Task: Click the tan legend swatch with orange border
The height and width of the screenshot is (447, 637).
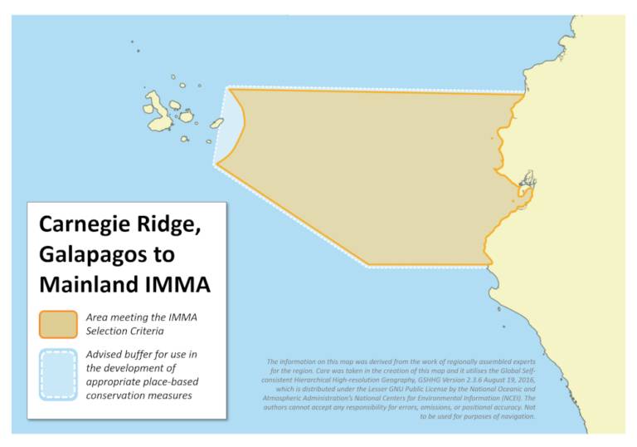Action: pos(57,324)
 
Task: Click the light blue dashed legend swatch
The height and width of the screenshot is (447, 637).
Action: pos(57,373)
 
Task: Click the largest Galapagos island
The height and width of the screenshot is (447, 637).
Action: pos(160,112)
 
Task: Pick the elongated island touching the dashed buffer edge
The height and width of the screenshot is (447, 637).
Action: pos(216,123)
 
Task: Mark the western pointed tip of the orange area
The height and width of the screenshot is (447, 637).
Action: pos(217,165)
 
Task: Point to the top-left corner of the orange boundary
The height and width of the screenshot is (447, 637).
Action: pos(231,89)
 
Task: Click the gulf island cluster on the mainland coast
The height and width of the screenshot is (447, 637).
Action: pos(526,178)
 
